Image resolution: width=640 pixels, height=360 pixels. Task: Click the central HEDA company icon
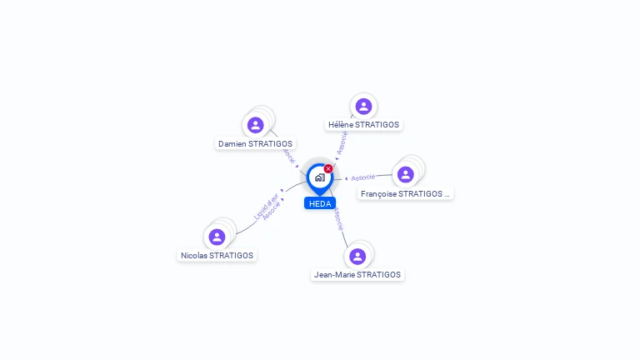point(319,177)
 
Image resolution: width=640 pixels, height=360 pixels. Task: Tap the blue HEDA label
point(320,203)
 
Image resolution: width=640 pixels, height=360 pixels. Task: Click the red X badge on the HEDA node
point(328,169)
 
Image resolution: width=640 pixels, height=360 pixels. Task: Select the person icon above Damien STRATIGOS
point(256,125)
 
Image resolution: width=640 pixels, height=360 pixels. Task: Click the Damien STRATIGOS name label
point(255,144)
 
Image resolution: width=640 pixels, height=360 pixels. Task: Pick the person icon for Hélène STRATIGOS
point(362,107)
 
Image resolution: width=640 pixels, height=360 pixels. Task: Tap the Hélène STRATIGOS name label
point(363,125)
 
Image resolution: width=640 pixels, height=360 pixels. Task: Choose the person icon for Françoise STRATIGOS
point(405,174)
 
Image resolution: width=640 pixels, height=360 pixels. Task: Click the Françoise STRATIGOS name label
point(405,193)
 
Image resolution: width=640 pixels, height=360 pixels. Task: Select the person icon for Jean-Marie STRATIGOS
point(357,256)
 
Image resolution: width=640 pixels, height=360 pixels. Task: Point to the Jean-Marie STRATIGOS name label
point(357,274)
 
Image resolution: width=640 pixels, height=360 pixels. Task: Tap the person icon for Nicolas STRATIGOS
point(217,237)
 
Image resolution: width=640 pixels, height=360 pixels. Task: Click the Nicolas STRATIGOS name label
point(217,255)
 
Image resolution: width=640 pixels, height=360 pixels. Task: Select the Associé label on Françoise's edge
point(362,177)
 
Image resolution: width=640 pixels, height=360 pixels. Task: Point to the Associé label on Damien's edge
point(287,155)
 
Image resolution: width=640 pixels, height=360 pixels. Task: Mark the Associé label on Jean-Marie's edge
point(337,219)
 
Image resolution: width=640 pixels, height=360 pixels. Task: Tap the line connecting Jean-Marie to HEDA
point(345,237)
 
